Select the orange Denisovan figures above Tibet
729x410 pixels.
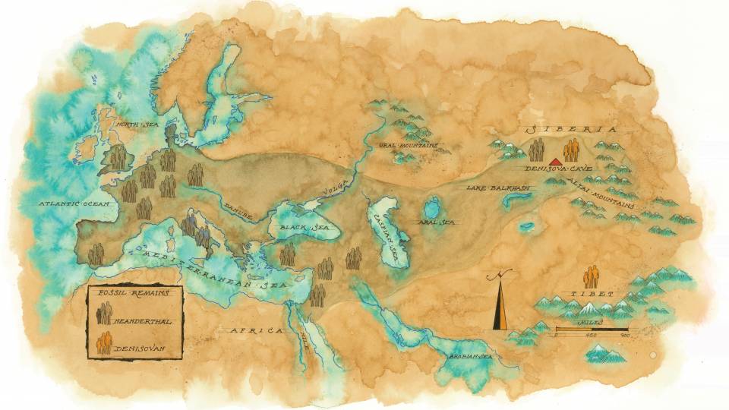tap(591, 276)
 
